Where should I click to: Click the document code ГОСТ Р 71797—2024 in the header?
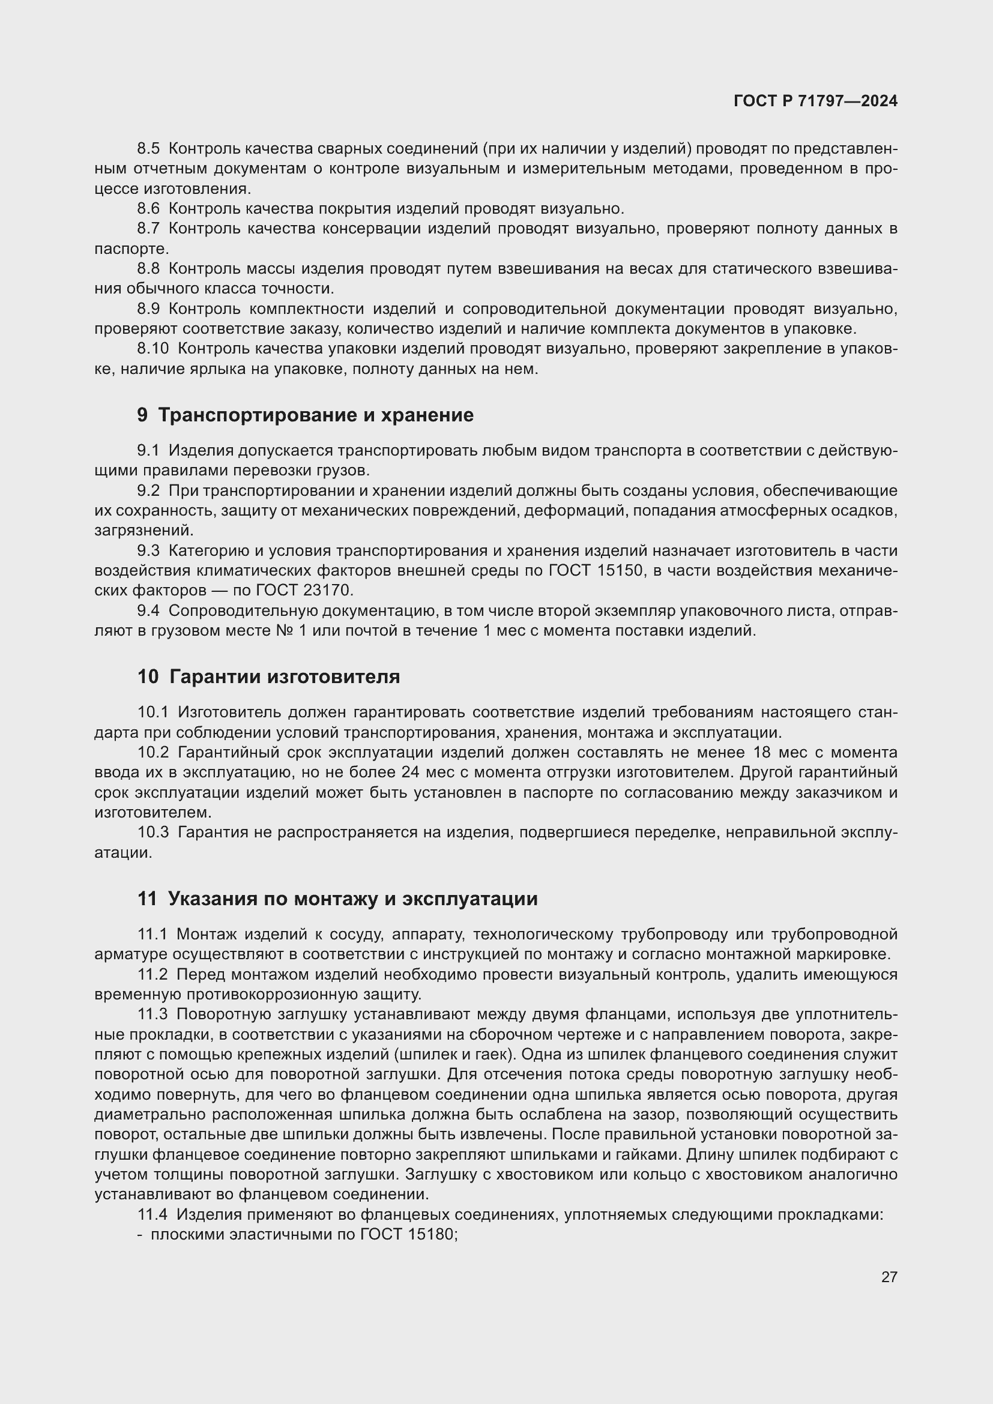[x=815, y=101]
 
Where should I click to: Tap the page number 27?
[x=889, y=1277]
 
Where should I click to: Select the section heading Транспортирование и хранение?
[x=316, y=415]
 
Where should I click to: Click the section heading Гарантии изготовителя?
[x=285, y=677]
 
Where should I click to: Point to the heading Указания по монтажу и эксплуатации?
[x=353, y=899]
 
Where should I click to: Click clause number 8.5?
[x=148, y=149]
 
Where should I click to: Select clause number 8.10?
[x=153, y=349]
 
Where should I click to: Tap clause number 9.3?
[x=148, y=551]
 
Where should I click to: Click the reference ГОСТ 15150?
[x=596, y=570]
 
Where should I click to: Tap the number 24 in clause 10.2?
[x=410, y=773]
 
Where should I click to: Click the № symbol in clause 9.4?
[x=283, y=630]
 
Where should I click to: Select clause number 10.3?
[x=153, y=832]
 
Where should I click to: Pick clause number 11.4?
[x=153, y=1214]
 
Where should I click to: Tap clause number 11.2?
[x=153, y=974]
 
